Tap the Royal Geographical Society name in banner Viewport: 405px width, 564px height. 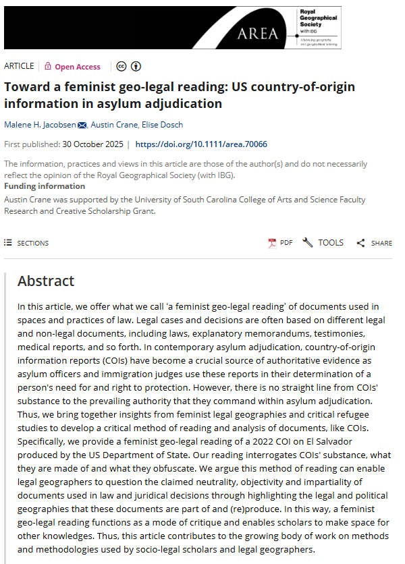point(314,18)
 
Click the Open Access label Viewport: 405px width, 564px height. point(77,67)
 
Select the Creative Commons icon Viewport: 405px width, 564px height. point(122,66)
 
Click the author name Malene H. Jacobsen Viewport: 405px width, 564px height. point(39,124)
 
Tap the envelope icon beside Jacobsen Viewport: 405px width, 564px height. point(82,125)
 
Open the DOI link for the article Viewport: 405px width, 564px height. point(201,144)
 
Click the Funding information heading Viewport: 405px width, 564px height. point(45,186)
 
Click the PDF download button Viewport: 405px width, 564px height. point(280,243)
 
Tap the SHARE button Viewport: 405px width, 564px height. point(374,243)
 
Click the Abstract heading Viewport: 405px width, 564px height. point(46,281)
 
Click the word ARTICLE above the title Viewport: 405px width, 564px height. point(19,66)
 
